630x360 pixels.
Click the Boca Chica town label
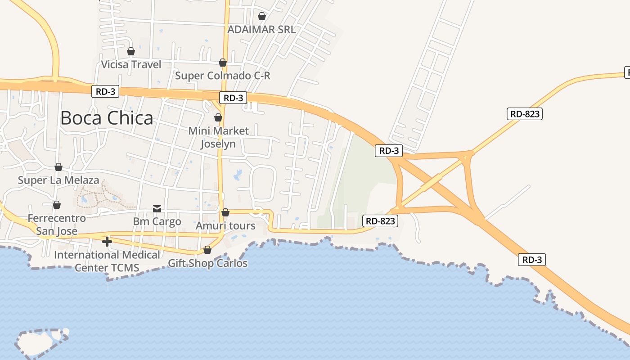107,118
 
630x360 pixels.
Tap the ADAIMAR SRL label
261,30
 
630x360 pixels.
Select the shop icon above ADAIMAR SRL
261,16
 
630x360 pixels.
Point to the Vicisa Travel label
131,64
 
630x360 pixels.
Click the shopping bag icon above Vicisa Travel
131,51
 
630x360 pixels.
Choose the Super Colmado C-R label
223,76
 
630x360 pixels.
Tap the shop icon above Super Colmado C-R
223,63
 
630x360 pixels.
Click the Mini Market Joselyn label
218,137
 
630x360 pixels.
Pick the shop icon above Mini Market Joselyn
218,117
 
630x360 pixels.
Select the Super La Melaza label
58,180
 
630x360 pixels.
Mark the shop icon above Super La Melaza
58,167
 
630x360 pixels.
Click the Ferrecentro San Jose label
57,225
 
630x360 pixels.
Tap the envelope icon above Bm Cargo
157,208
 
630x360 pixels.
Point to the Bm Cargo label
157,221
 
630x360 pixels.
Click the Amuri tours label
225,225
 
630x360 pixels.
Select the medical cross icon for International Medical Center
107,242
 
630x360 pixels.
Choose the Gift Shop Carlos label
207,263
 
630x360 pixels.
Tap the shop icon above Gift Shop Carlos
207,250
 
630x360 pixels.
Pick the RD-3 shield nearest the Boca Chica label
106,91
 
